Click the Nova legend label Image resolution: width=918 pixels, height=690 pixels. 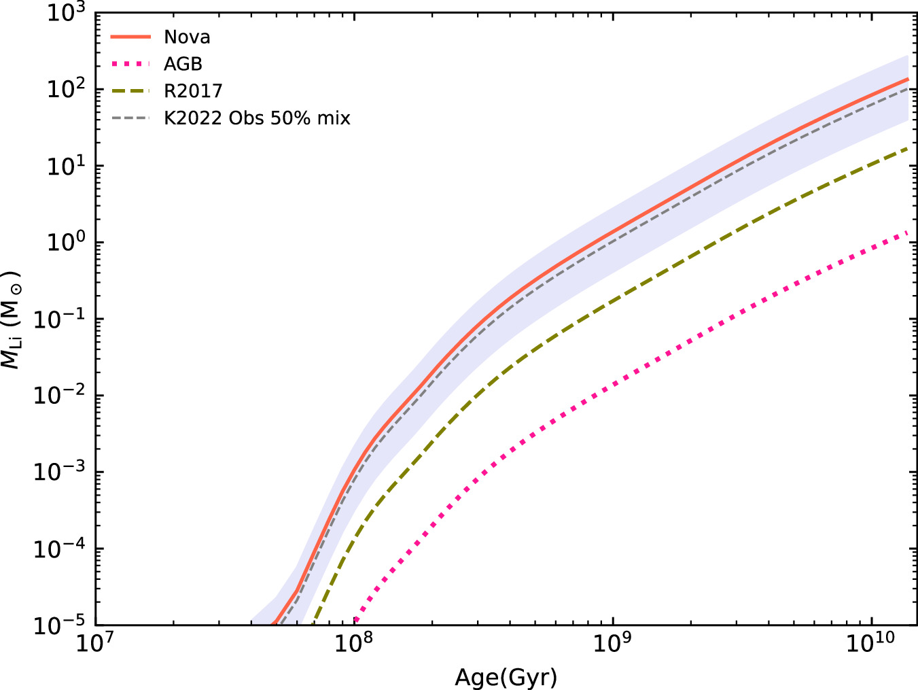[x=187, y=37]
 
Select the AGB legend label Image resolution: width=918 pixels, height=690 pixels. [x=183, y=64]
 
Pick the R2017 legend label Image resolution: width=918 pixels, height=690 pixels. [x=193, y=91]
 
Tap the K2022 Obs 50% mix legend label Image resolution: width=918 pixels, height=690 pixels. [x=257, y=118]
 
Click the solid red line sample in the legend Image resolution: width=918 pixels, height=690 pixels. [x=130, y=37]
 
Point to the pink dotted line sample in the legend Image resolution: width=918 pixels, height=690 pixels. [x=130, y=64]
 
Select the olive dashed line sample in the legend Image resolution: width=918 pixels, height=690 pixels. [x=130, y=91]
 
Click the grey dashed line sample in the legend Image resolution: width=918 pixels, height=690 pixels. [x=130, y=118]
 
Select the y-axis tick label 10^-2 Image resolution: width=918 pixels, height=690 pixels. [x=60, y=395]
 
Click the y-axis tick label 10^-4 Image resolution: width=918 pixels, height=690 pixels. [x=60, y=548]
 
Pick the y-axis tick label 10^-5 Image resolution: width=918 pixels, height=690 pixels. [x=60, y=625]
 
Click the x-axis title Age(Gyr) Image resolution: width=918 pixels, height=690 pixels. [x=506, y=677]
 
